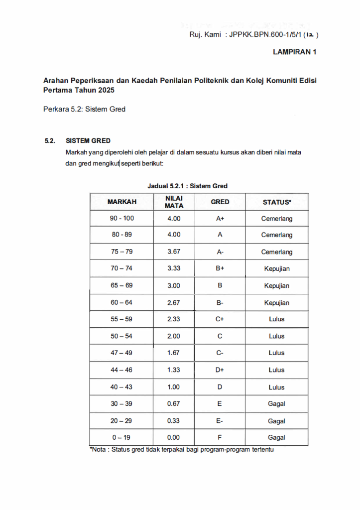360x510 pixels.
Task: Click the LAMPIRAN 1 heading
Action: (x=295, y=51)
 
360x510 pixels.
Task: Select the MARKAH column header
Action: (x=122, y=202)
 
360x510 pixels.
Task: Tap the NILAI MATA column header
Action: (x=174, y=202)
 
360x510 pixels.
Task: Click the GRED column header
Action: (x=220, y=202)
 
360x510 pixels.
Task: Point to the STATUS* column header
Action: (x=277, y=202)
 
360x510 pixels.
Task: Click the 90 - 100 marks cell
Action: (x=122, y=218)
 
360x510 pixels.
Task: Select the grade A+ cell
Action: (x=220, y=218)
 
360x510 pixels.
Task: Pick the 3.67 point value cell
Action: (x=174, y=252)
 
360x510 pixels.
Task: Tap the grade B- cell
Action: (x=220, y=302)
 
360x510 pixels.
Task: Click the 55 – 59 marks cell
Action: (x=122, y=319)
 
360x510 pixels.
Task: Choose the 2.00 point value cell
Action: (x=174, y=336)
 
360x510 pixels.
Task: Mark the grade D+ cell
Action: (x=220, y=370)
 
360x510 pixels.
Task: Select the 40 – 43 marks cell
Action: (x=122, y=387)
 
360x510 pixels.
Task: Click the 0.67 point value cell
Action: (x=174, y=404)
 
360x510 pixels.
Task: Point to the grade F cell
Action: (x=220, y=438)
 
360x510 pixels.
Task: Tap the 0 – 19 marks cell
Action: (x=122, y=438)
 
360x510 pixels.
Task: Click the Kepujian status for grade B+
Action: (x=277, y=268)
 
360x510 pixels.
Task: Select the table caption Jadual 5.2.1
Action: (x=187, y=186)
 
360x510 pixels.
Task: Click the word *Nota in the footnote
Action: (x=98, y=449)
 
